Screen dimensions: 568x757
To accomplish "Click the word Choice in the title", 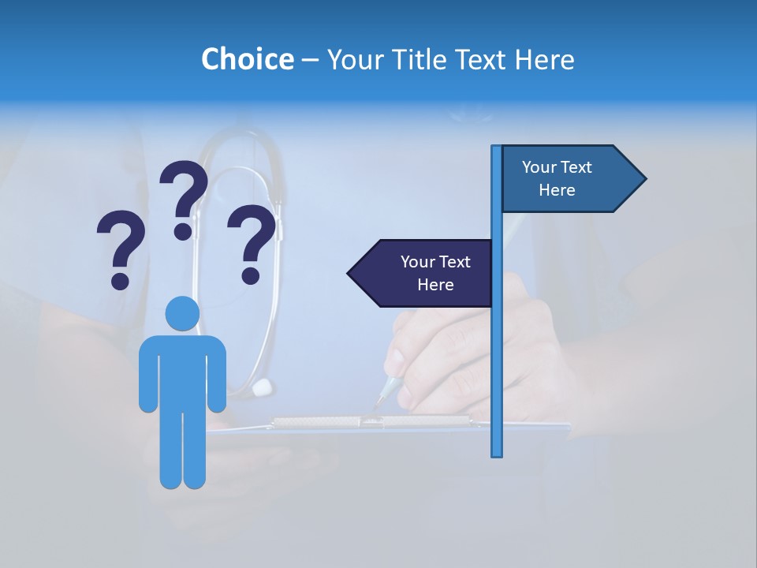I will coord(247,59).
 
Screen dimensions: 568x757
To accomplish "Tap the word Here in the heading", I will coord(544,59).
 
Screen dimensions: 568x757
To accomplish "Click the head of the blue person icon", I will coord(182,313).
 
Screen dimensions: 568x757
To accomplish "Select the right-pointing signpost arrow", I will coord(572,179).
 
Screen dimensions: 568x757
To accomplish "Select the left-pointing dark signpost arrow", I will coord(422,273).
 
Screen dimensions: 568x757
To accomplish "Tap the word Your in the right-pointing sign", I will coord(539,167).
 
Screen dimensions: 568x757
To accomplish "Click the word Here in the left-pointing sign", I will coord(435,285).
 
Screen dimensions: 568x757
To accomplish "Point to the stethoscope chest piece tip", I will coord(263,387).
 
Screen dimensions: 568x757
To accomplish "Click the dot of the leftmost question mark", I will coord(120,281).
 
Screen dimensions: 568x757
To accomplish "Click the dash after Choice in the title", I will coord(310,60).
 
